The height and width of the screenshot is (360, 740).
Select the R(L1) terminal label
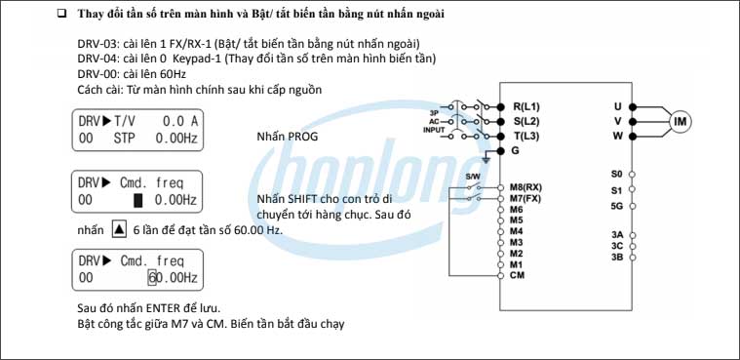tap(526, 105)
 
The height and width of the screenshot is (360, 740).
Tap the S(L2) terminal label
tap(526, 121)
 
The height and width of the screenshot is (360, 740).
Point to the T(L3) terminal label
tap(526, 137)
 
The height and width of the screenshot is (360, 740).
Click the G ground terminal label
tap(516, 152)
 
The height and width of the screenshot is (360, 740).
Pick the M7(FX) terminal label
tap(526, 198)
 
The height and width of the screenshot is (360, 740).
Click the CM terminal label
tap(517, 276)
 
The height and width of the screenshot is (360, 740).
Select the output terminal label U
tap(617, 105)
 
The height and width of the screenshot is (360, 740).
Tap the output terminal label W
tap(617, 137)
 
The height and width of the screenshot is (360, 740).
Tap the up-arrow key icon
tap(119, 230)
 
